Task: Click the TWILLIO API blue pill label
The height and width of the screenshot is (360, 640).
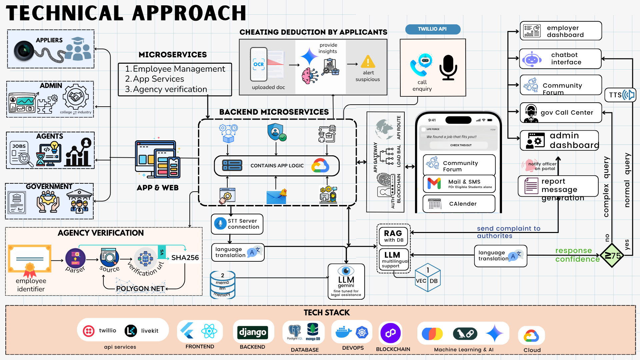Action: click(x=432, y=29)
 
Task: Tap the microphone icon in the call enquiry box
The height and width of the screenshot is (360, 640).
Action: click(x=448, y=68)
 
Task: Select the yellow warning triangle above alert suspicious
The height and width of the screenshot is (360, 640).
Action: click(x=368, y=62)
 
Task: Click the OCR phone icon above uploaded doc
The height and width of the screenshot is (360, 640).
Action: click(x=259, y=64)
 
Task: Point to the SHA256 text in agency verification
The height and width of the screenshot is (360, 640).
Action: click(x=185, y=258)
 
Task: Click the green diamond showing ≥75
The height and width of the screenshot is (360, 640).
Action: click(x=612, y=256)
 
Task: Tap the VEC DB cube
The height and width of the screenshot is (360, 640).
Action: click(x=428, y=278)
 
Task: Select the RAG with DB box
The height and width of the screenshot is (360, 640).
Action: click(x=394, y=236)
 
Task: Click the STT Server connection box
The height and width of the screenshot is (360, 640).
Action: click(x=237, y=224)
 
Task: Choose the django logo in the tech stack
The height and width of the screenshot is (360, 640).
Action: click(x=253, y=332)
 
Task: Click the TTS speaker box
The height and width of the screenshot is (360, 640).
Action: click(x=620, y=95)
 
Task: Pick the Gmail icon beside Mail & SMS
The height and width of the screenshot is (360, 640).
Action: click(x=434, y=184)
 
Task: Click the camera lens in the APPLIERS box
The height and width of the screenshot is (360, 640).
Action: click(x=24, y=51)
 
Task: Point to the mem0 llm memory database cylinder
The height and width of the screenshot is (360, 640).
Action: click(x=222, y=285)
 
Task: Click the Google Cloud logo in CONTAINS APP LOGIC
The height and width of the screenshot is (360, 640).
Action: click(x=320, y=166)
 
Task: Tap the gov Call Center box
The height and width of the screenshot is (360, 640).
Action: click(x=561, y=113)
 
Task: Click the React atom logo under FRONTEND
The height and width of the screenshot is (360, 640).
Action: click(x=209, y=331)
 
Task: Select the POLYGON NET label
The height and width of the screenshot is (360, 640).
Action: click(x=140, y=289)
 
